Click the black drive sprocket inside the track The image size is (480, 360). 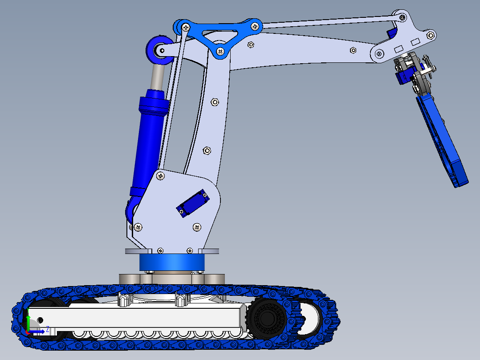click(x=267, y=319)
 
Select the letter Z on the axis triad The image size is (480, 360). click(x=47, y=330)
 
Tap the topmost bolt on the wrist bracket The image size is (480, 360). click(x=402, y=17)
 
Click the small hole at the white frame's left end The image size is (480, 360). click(x=40, y=320)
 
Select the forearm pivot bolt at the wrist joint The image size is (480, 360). click(x=379, y=54)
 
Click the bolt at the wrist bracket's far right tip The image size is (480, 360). click(x=431, y=34)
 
